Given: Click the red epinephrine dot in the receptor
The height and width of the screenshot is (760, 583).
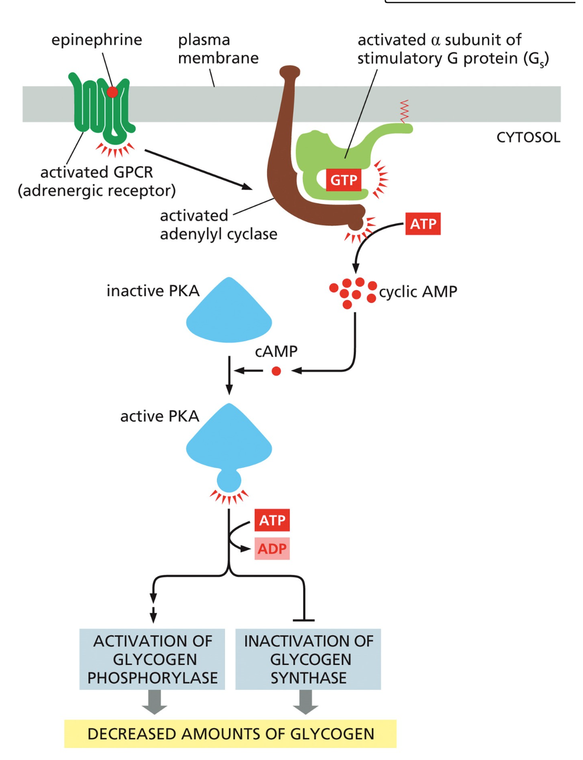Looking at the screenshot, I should pyautogui.click(x=112, y=92).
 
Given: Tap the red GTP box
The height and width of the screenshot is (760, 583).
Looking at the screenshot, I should pyautogui.click(x=344, y=180).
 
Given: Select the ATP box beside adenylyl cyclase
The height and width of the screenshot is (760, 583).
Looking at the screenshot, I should pyautogui.click(x=423, y=224).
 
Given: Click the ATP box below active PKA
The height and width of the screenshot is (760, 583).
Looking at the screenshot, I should pyautogui.click(x=272, y=520).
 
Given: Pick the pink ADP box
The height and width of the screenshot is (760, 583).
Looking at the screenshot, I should pyautogui.click(x=272, y=549).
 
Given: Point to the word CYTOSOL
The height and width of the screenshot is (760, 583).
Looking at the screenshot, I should pyautogui.click(x=528, y=138).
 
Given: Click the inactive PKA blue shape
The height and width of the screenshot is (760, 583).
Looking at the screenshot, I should pyautogui.click(x=229, y=314).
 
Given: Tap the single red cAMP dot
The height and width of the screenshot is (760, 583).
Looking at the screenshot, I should pyautogui.click(x=276, y=371).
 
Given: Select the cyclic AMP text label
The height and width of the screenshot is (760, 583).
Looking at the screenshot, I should pyautogui.click(x=418, y=292).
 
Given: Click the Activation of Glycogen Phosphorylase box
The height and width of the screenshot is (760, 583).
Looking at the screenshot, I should pyautogui.click(x=152, y=659).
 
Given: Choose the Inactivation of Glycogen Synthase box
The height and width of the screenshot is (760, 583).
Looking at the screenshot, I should pyautogui.click(x=308, y=659).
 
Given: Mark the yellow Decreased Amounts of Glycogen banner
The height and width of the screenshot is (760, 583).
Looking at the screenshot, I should pyautogui.click(x=231, y=734).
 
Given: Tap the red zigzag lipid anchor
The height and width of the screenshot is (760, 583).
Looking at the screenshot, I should pyautogui.click(x=404, y=111).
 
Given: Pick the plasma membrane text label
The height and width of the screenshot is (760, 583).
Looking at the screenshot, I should pyautogui.click(x=218, y=49).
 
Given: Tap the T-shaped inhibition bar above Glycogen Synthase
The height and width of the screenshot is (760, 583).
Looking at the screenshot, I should pyautogui.click(x=304, y=619).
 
